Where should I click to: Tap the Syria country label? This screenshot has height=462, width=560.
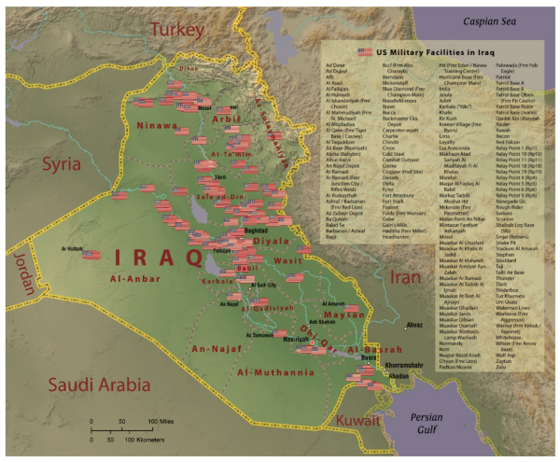coord(65,165)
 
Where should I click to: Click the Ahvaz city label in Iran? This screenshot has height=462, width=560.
coord(414,324)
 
